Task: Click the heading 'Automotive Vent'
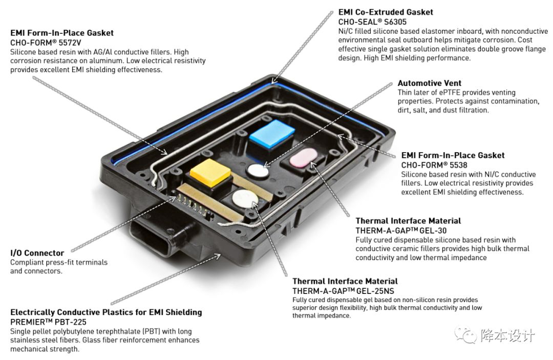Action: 430,83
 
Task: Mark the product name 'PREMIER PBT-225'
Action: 48,322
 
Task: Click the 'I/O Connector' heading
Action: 37,253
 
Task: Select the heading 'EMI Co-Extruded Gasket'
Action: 386,12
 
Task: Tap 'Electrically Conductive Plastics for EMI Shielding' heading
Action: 106,312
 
